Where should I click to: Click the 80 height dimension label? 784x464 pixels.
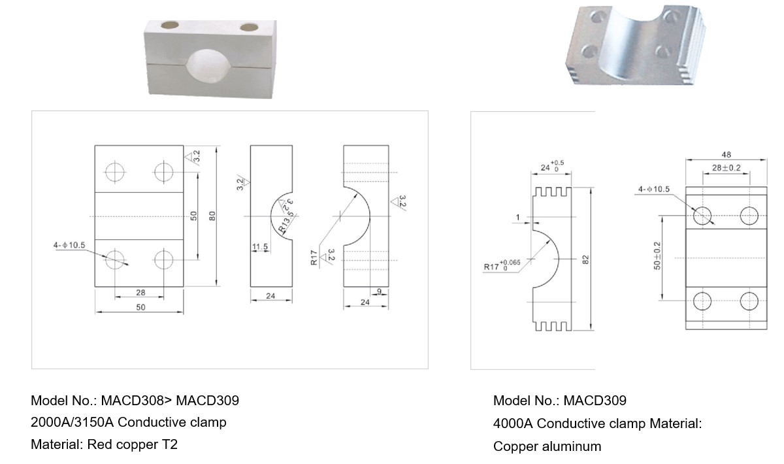[212, 216]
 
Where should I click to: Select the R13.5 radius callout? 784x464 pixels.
[285, 224]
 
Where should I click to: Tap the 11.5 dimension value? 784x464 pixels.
[260, 247]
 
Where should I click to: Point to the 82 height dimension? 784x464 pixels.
[585, 259]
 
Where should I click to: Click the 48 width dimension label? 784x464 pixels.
[727, 154]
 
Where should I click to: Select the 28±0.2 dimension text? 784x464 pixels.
[727, 168]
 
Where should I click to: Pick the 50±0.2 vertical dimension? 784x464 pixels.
[657, 256]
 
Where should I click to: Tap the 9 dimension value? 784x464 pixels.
[379, 291]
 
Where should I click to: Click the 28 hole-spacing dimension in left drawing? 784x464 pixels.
[140, 292]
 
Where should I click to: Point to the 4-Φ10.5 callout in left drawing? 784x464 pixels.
[69, 245]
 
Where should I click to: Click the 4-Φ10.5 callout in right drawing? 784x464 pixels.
[654, 189]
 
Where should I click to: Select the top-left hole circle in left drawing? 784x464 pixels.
[115, 172]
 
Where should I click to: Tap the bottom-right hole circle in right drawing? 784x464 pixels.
[749, 301]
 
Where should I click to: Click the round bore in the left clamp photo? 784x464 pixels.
[209, 66]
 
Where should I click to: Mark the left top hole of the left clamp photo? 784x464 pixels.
[170, 25]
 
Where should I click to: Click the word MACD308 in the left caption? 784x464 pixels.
[132, 400]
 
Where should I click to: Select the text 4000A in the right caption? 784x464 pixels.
[513, 423]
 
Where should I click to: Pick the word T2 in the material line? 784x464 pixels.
[170, 444]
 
